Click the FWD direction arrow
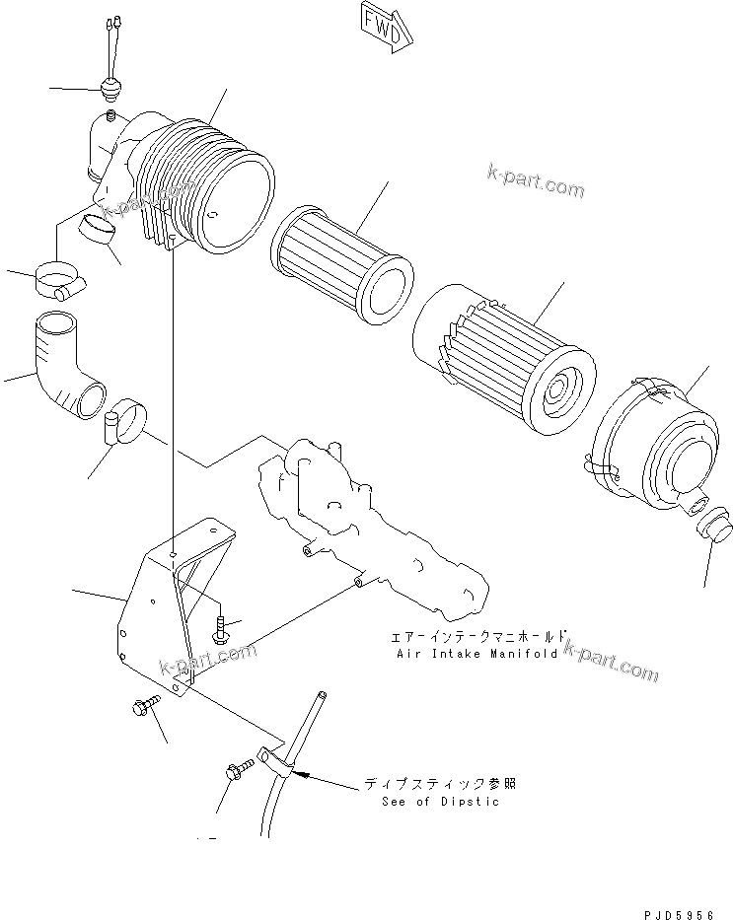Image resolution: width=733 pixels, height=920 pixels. [x=383, y=27]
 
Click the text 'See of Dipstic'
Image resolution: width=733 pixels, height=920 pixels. [x=440, y=801]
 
